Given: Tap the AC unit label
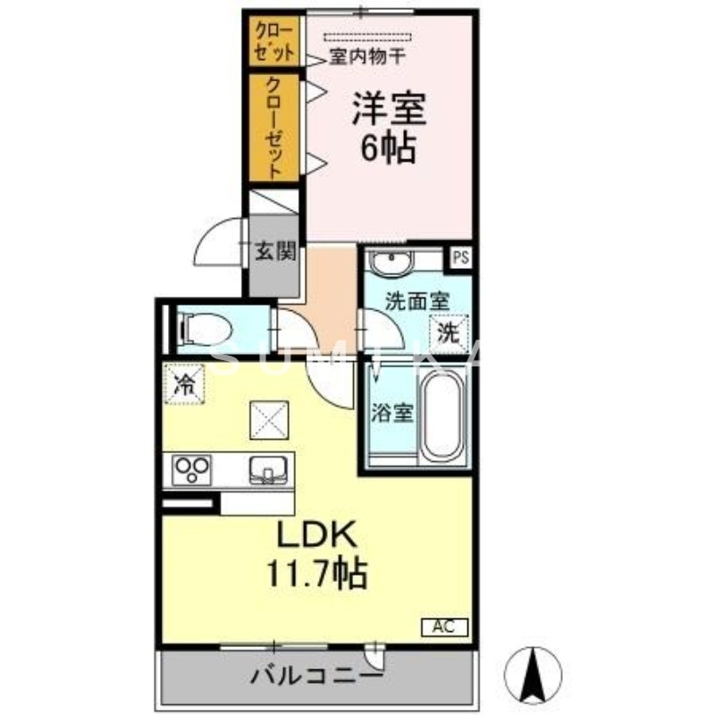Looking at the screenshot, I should click(444, 627).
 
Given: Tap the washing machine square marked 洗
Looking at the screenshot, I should click(450, 333).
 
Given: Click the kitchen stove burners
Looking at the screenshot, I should click(191, 468).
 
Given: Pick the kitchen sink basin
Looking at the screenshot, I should click(265, 468).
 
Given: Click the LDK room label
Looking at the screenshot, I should click(315, 536).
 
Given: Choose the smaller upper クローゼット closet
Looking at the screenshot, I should click(274, 40).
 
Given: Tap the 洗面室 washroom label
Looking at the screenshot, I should click(416, 302).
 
